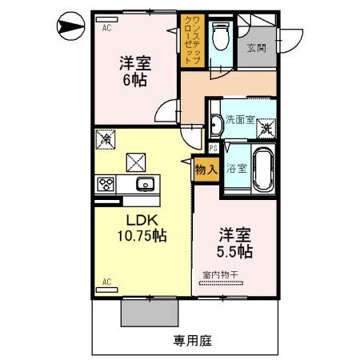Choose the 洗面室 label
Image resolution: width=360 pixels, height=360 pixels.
(x=239, y=120)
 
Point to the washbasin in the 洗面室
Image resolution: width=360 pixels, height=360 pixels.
(x=217, y=122)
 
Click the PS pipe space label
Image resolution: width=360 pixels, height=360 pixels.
(x=214, y=148)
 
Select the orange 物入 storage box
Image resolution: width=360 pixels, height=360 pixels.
(x=206, y=170)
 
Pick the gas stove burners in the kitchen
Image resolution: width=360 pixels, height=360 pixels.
(x=106, y=185)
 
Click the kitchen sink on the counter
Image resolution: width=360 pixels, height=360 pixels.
(x=145, y=185)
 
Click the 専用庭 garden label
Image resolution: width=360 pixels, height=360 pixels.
(x=192, y=340)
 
